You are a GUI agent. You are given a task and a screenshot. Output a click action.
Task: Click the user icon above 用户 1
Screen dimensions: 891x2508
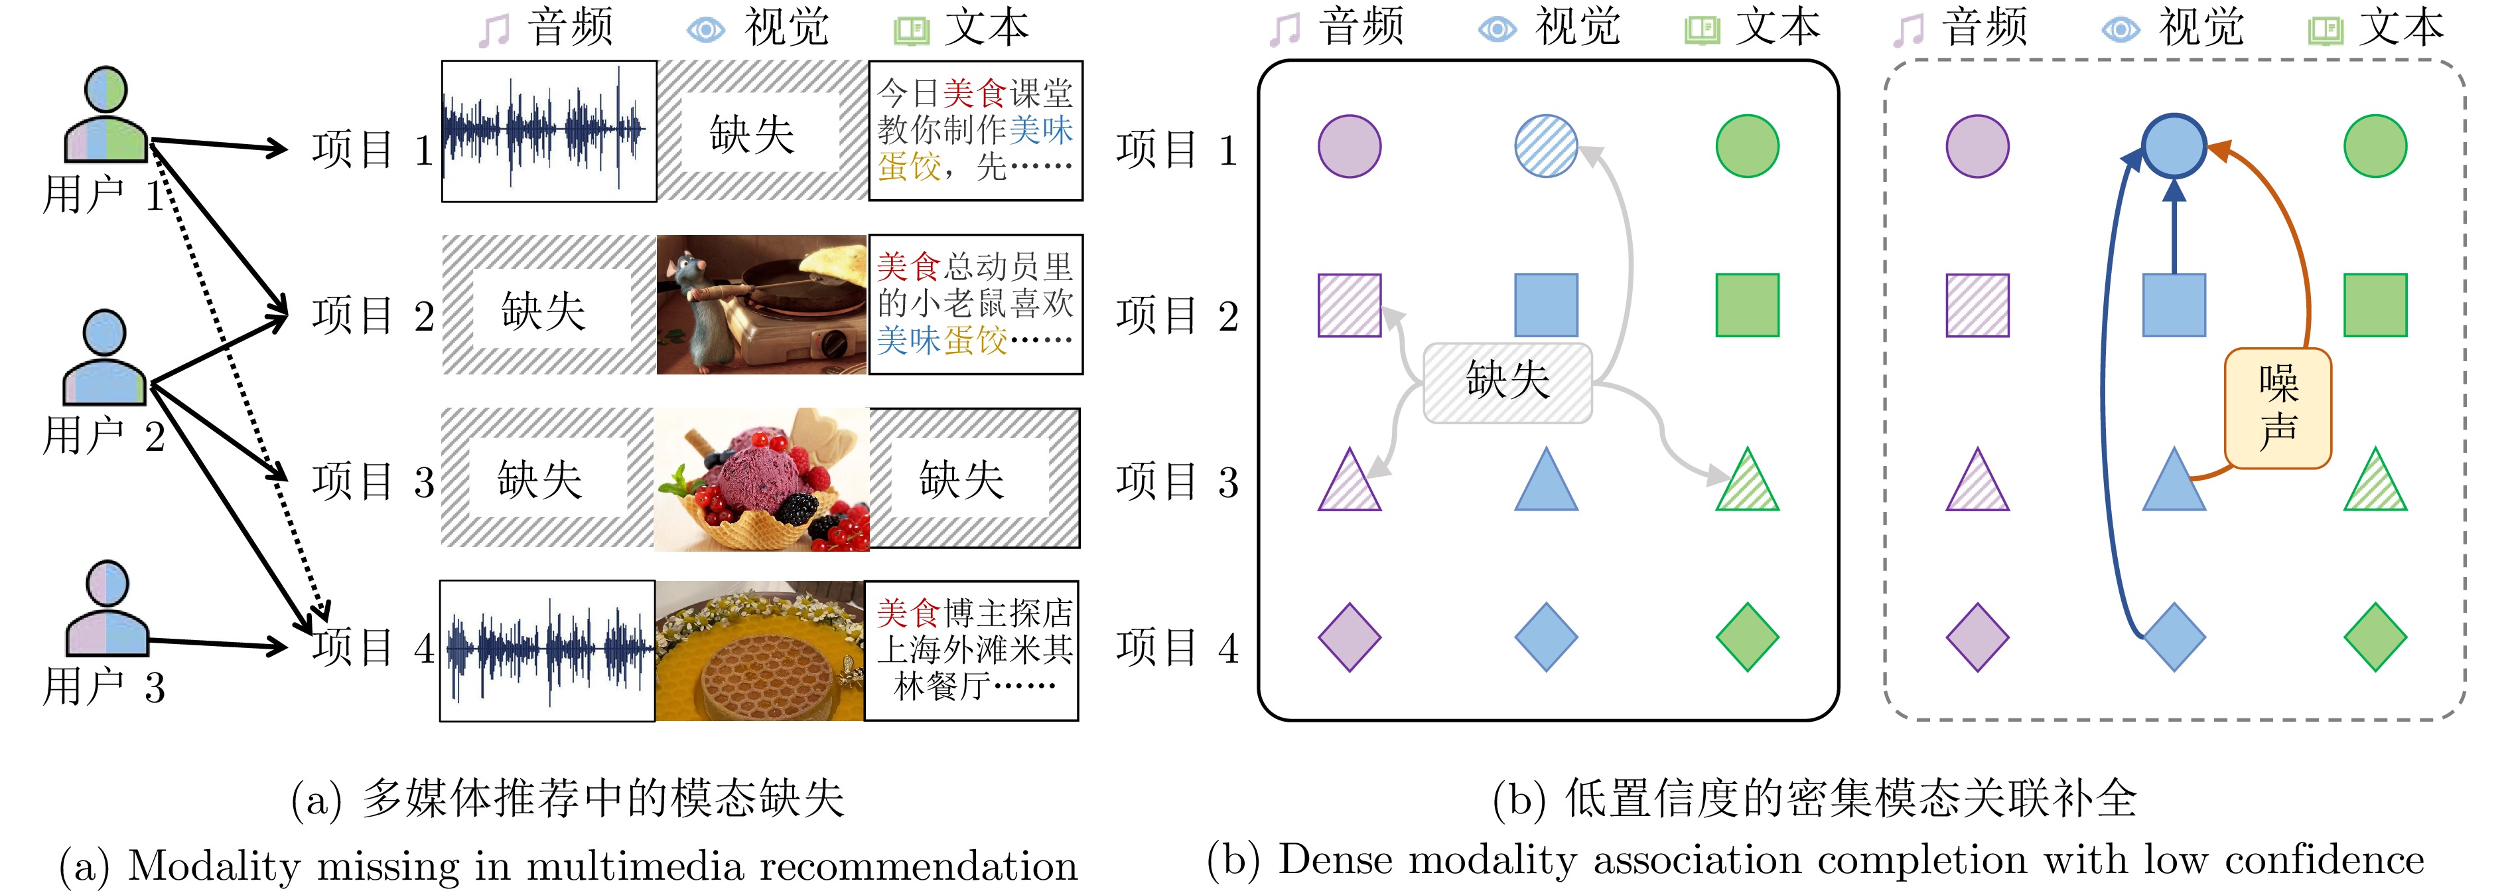point(105,114)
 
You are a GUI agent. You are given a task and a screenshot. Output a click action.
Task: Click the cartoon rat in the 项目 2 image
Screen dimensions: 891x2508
point(704,304)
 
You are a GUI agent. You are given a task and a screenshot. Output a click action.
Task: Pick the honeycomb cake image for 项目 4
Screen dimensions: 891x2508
point(760,651)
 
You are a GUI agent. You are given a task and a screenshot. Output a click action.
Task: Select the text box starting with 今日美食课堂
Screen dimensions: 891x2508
point(975,131)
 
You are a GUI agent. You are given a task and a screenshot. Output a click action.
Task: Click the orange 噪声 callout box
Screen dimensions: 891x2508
point(2277,408)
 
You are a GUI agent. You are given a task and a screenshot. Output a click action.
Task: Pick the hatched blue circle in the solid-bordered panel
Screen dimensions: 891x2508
point(1545,146)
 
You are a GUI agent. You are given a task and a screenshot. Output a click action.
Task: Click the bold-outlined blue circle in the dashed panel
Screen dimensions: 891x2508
point(2173,146)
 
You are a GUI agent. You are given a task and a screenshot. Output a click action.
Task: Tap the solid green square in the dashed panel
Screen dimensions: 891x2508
point(2375,305)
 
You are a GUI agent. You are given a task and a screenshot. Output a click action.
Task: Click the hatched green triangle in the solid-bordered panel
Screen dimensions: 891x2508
point(1748,482)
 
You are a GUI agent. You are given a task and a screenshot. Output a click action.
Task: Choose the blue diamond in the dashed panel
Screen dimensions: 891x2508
point(2173,638)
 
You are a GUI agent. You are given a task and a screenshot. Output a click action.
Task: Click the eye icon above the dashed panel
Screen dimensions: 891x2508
point(2120,30)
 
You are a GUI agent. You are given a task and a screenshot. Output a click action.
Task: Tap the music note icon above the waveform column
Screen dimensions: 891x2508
point(494,30)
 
